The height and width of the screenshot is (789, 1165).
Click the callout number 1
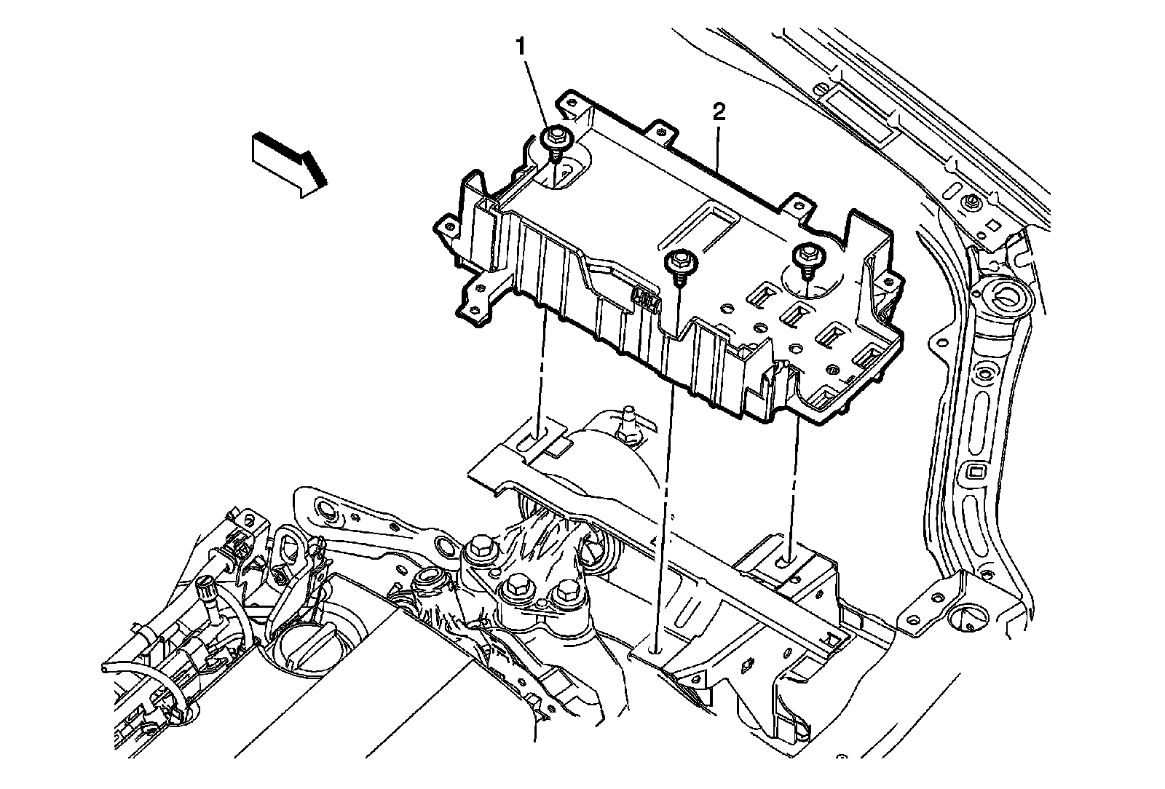[521, 47]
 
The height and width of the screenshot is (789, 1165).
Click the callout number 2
[719, 111]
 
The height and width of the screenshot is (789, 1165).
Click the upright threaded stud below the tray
[626, 424]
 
